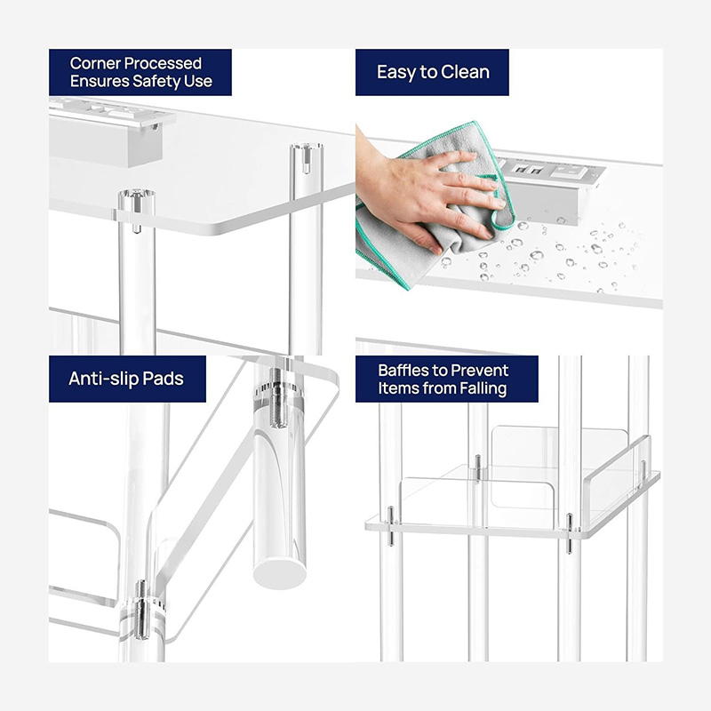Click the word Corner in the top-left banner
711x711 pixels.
[x=96, y=63]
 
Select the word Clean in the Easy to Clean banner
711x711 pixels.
[x=463, y=72]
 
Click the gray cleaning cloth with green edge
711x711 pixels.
[x=391, y=240]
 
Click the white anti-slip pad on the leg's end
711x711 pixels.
[x=280, y=569]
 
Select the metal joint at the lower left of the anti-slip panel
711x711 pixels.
[x=140, y=608]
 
